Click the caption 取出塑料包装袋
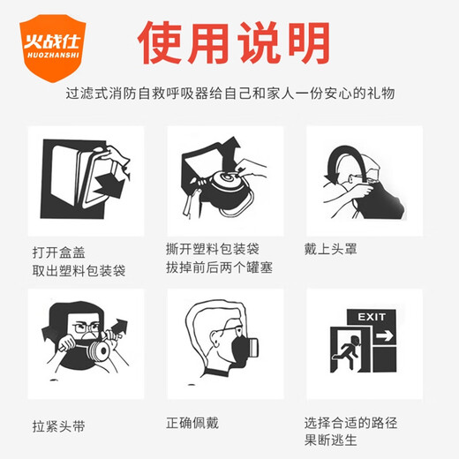point(77,270)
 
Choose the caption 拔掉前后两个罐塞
point(218,267)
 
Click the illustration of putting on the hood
point(362,177)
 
